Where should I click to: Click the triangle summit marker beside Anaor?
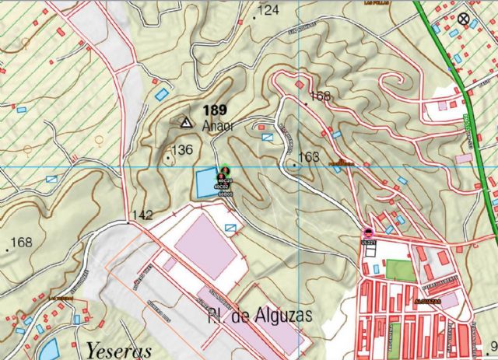point(185,122)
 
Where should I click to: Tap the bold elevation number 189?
point(216,110)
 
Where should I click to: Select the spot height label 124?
point(268,10)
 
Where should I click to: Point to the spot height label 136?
point(181,149)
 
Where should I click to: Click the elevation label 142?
point(142,215)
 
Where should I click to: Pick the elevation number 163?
point(309,157)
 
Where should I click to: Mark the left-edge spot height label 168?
point(21,243)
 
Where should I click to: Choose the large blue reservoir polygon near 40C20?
point(204,183)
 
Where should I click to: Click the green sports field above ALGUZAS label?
point(402,270)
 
